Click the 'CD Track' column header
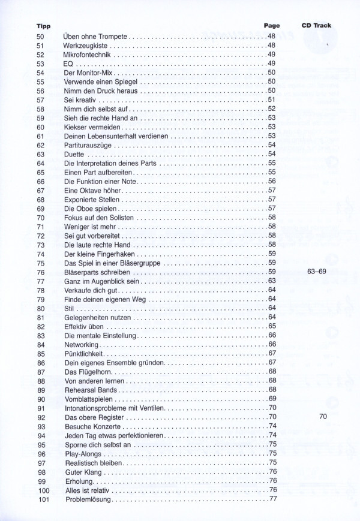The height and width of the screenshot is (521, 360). [x=316, y=26]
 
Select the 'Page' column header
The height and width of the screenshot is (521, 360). [x=272, y=26]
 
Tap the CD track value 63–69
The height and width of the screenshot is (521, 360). [x=316, y=272]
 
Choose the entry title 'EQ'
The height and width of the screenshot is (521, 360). [x=68, y=64]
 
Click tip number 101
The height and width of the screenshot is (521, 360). [x=43, y=499]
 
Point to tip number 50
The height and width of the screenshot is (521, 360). [x=41, y=37]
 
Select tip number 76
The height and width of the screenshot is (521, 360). [x=41, y=272]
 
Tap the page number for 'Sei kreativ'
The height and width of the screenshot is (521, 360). [x=271, y=100]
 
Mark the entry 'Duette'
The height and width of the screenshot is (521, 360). [x=74, y=154]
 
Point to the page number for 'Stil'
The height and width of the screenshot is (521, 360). [x=271, y=308]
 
